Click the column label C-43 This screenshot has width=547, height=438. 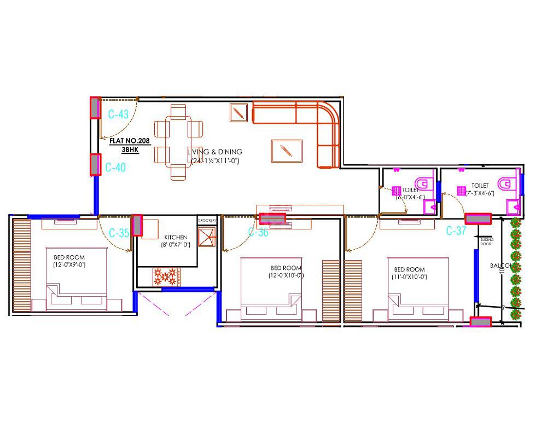point(118,115)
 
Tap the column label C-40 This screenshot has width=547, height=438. point(115,168)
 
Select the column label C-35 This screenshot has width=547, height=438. point(119,233)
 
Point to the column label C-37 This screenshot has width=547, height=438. point(456,230)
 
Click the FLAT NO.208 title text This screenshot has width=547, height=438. point(130,141)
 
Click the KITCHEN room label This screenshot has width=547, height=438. point(175,238)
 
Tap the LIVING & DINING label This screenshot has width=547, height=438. point(214,152)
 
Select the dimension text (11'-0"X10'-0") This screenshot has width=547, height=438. point(410,277)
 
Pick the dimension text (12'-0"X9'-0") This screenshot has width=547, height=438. point(69,264)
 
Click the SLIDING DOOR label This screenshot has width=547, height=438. point(486,241)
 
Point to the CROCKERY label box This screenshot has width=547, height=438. point(207,220)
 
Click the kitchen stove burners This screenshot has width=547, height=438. point(167,276)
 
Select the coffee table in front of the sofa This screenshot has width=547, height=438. point(286,151)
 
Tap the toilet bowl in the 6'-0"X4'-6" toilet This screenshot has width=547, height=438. point(424,183)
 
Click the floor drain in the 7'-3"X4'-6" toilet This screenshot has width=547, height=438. point(462,191)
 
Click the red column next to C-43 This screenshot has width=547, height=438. point(95,108)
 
